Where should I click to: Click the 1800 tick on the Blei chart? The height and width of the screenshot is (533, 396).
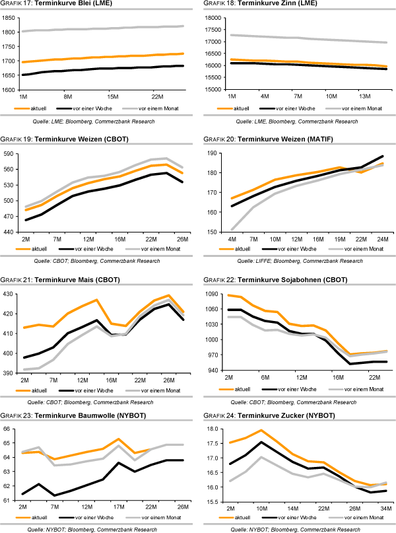click(9, 32)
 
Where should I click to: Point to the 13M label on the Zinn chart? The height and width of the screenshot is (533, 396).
click(364, 96)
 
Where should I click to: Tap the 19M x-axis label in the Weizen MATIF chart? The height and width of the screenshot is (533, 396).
click(339, 238)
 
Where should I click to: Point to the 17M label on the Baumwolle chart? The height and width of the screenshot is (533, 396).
click(120, 507)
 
